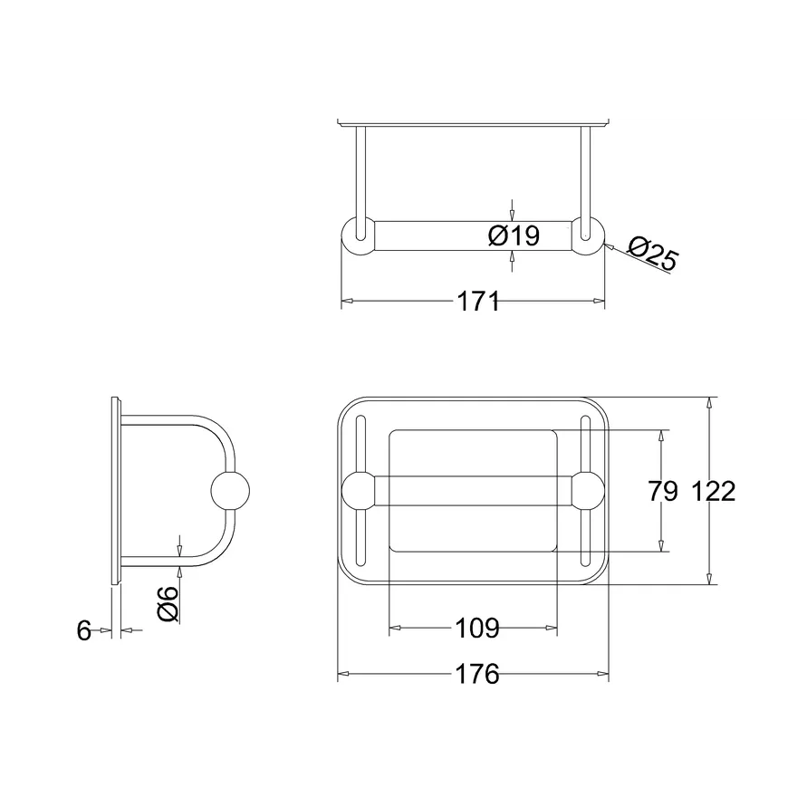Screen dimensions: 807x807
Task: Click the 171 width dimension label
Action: tap(478, 301)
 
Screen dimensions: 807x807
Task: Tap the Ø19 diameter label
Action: tap(514, 236)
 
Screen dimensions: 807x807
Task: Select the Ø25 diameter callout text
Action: tap(653, 252)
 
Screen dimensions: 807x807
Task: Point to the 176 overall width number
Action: tap(477, 674)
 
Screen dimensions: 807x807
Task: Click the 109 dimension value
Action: tap(477, 628)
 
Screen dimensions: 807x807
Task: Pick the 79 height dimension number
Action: tap(663, 491)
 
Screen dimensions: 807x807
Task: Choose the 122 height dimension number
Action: tap(714, 491)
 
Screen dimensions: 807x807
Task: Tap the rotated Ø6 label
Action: tap(168, 604)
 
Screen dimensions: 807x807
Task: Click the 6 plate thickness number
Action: tap(84, 630)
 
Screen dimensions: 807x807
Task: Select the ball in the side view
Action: tap(230, 491)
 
